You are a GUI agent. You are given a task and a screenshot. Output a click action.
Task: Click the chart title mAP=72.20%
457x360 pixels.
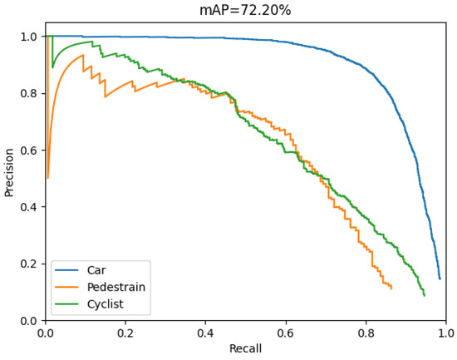(245, 10)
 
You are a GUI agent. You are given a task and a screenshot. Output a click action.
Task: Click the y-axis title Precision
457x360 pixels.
(9, 171)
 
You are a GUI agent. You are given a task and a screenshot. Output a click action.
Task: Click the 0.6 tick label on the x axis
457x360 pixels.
(286, 333)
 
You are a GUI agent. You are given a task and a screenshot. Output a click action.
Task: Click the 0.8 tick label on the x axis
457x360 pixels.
(366, 333)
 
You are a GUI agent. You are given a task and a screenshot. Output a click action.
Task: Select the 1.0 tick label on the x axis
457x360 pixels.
(445, 333)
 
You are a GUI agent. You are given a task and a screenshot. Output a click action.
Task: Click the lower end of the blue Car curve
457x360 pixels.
(440, 279)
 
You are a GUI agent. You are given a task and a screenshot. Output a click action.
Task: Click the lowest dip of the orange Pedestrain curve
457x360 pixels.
(47, 178)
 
